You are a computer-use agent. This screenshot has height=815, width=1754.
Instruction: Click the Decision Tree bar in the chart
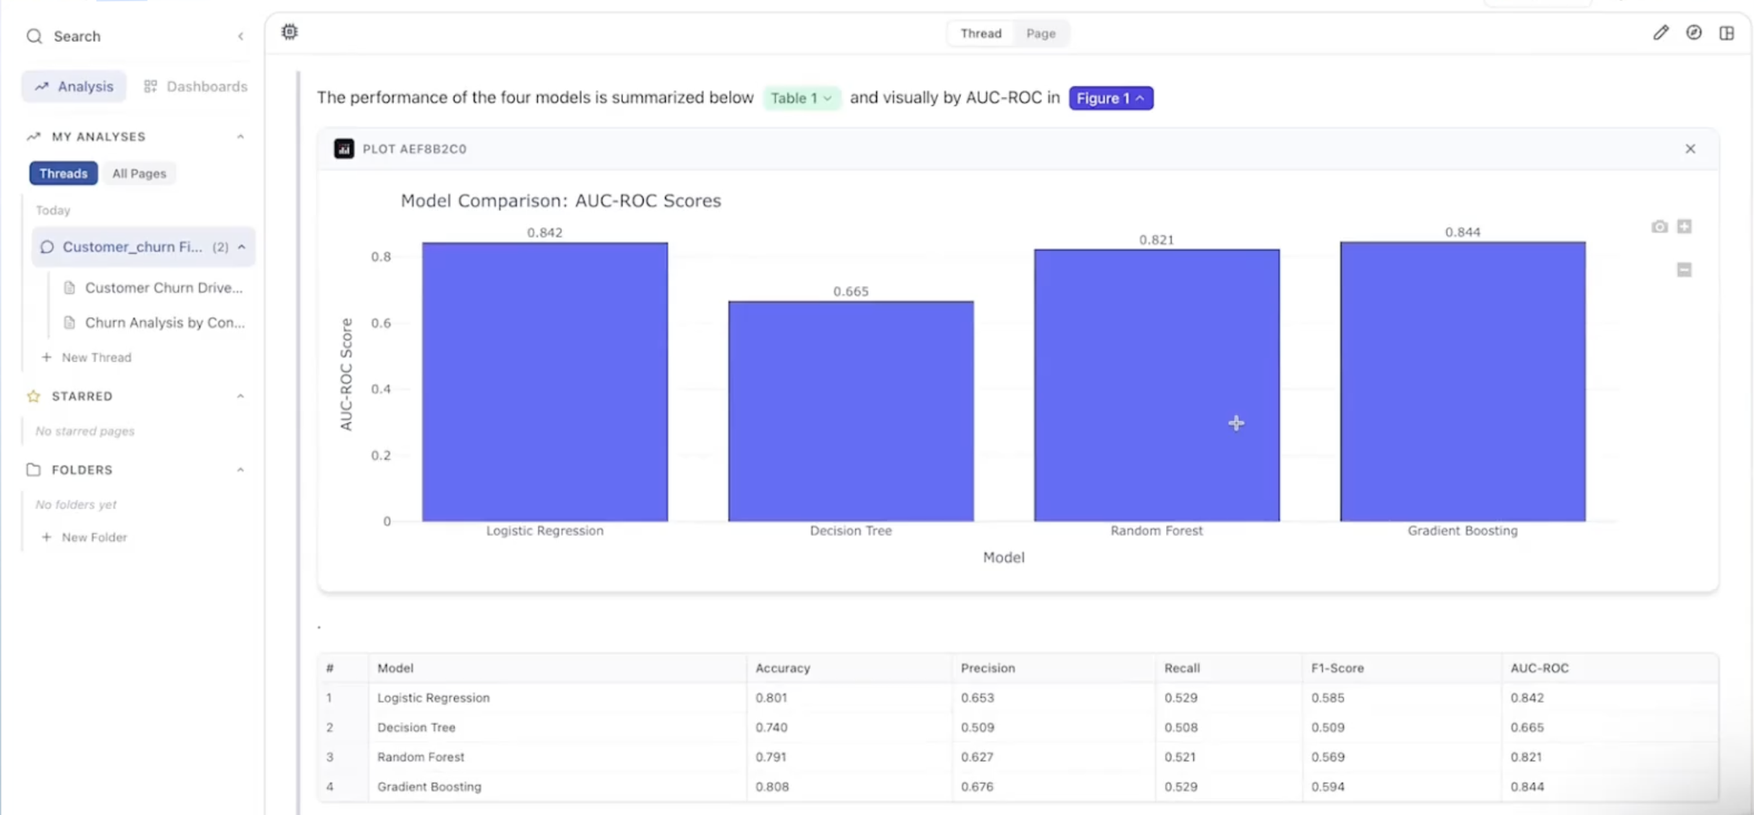click(x=850, y=411)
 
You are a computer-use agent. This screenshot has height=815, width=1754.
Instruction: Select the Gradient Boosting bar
click(x=1462, y=382)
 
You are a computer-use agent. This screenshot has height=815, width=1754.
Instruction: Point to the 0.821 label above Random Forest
click(x=1156, y=240)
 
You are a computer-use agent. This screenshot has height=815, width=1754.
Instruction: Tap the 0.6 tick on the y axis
click(x=381, y=323)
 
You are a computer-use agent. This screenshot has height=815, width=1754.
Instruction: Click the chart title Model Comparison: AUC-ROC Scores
click(x=560, y=201)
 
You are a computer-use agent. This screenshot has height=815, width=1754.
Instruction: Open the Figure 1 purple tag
click(x=1110, y=98)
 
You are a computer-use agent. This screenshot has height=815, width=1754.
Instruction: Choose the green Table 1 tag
click(x=801, y=98)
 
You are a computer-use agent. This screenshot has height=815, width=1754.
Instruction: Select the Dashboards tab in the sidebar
click(x=196, y=86)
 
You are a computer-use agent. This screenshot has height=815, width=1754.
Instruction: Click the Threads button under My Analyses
click(x=64, y=173)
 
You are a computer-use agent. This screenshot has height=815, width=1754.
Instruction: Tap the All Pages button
click(x=139, y=173)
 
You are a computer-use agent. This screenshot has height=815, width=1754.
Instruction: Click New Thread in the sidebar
click(x=96, y=357)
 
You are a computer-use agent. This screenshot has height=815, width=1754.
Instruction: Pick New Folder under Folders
click(x=94, y=537)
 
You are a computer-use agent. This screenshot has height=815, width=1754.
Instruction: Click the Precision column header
click(x=988, y=668)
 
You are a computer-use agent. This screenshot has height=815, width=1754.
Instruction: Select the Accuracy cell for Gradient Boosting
click(x=771, y=787)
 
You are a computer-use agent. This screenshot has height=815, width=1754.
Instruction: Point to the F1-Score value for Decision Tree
click(x=1327, y=727)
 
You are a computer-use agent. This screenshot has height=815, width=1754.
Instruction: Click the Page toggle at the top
click(x=1041, y=33)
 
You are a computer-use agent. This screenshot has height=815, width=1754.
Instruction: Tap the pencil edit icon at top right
click(x=1660, y=33)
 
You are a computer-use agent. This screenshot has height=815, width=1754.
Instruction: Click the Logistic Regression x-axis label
click(x=544, y=530)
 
